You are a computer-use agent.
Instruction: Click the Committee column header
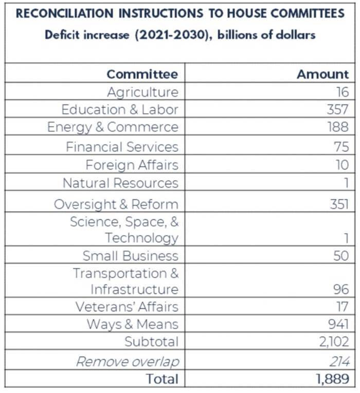142,74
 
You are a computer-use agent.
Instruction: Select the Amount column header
322,74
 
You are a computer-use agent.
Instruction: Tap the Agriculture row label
143,92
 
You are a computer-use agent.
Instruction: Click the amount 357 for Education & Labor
337,110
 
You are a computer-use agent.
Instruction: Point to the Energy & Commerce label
113,128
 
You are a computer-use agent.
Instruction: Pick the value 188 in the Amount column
338,127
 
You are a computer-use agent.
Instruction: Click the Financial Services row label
122,147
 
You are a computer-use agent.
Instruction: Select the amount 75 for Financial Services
341,147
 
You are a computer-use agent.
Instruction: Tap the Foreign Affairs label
132,165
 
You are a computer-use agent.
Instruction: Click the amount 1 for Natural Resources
346,183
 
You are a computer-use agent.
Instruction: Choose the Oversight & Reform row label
116,205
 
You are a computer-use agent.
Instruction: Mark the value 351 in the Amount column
339,204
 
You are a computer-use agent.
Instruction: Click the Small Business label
130,256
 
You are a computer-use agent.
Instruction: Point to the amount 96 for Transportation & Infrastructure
340,289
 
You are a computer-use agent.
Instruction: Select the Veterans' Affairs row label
127,307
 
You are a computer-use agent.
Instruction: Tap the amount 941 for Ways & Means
338,324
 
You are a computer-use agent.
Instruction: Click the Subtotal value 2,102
334,342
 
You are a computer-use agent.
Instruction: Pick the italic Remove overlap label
128,362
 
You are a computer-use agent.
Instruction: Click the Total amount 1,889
333,379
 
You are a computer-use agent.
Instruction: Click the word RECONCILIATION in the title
65,13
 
